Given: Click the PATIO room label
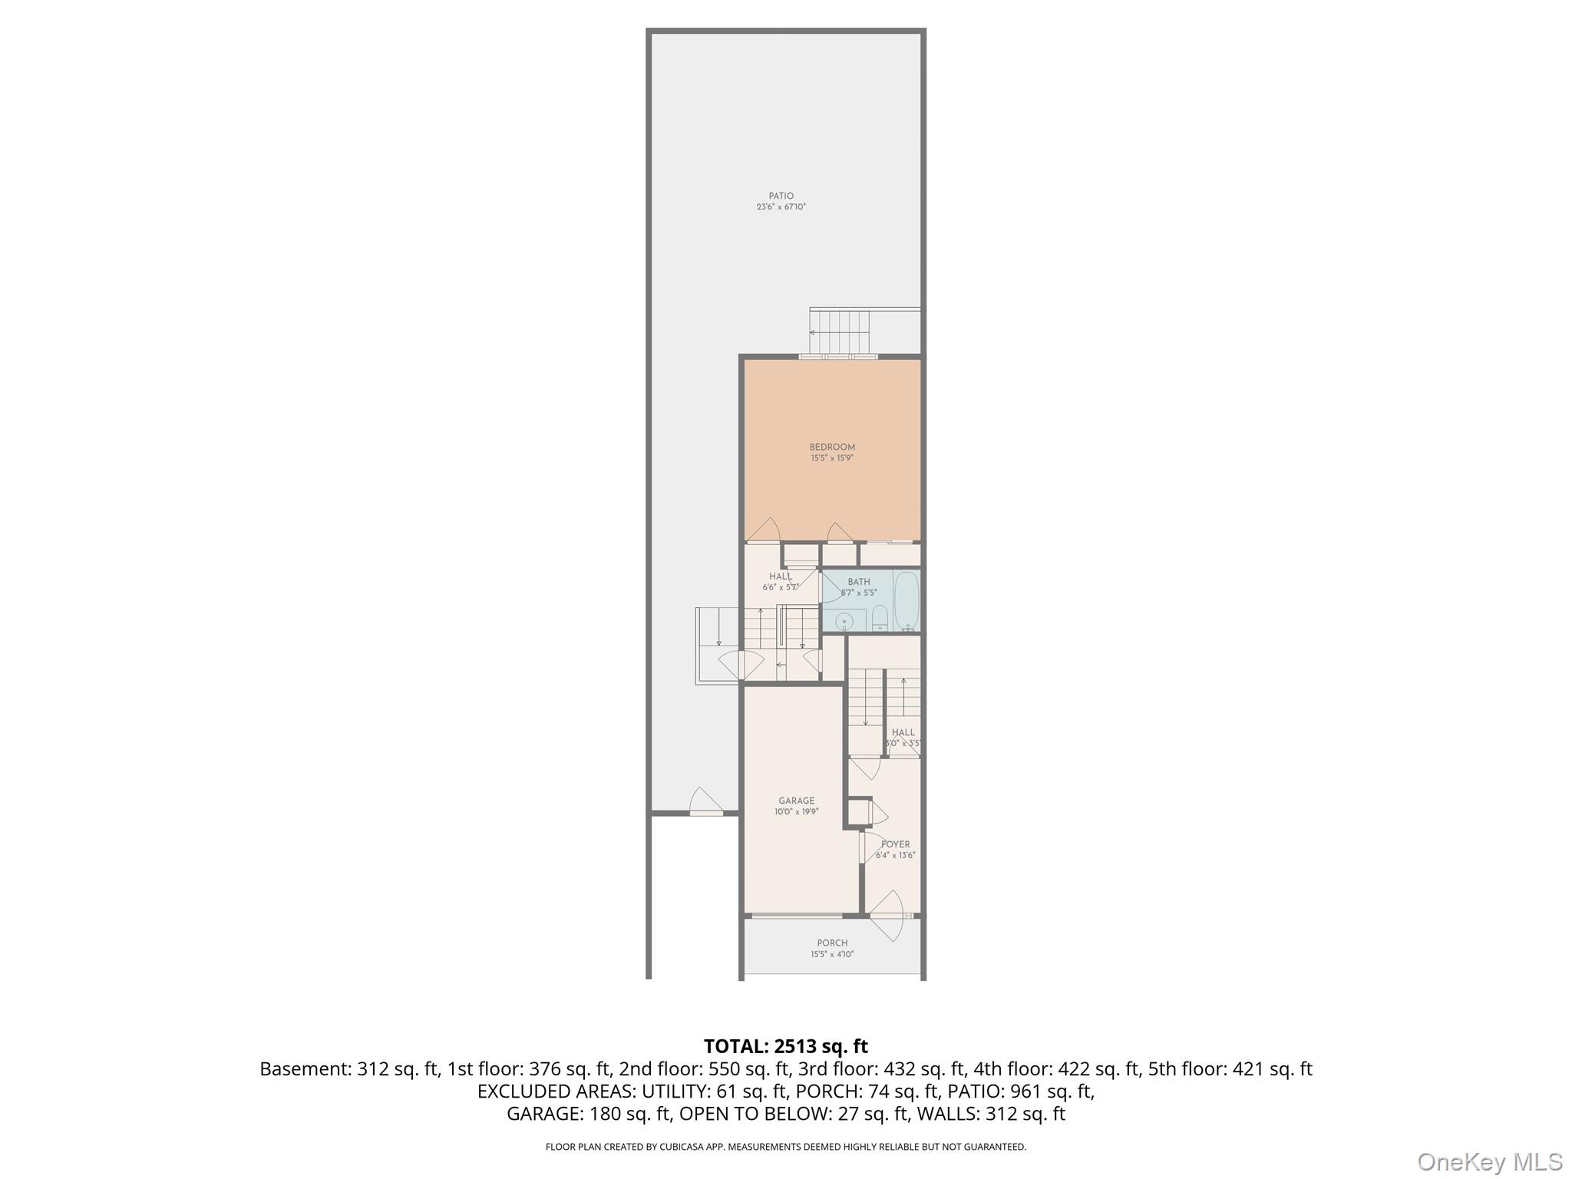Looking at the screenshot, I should coord(781,196).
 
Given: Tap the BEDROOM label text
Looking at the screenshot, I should coord(832,447).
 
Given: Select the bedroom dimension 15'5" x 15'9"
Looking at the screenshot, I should coord(832,458).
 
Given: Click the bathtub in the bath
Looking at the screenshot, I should coord(907,600).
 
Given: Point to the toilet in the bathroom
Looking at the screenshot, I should coord(880,618).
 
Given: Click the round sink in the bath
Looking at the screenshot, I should coord(844,620).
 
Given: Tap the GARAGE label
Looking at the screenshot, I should coord(796,801).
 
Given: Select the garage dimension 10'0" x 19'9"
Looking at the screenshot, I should coord(796,811).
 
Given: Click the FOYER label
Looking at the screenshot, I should coord(895,844).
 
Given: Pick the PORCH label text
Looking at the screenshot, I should coord(832,943).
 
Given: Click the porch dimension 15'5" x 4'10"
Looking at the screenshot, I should coord(832,955).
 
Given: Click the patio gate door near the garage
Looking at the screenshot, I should coord(706,803).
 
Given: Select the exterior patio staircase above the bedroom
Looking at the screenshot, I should coord(841,331).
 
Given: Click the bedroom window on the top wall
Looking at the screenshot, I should coord(837,356).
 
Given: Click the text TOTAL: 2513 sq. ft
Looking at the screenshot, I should coord(785,1046).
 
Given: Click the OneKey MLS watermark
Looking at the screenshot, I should coord(1489,1161).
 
